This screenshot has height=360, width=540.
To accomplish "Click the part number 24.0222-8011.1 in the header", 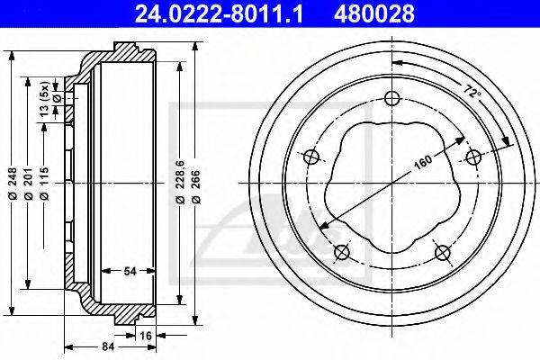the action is click(x=219, y=13).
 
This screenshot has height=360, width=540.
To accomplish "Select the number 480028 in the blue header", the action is click(x=374, y=13).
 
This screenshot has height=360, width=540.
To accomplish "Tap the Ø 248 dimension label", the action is click(x=13, y=184).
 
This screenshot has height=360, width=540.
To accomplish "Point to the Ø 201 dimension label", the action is click(x=28, y=184).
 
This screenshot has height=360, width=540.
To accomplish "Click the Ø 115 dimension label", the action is click(x=44, y=184).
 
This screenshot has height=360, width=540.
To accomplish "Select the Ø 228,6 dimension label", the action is click(x=180, y=182).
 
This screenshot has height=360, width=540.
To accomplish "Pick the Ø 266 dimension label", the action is click(x=195, y=186).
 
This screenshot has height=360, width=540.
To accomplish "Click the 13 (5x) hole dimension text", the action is click(x=44, y=99).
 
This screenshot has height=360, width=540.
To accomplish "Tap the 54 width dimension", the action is click(x=130, y=271).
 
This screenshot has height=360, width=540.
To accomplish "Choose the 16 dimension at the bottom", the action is click(x=146, y=335).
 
